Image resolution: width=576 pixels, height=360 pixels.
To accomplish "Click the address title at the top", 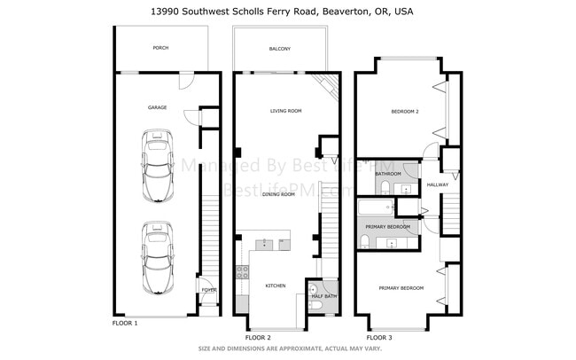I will pyautogui.click(x=288, y=12).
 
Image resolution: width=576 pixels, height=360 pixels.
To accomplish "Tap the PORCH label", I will pyautogui.click(x=160, y=48).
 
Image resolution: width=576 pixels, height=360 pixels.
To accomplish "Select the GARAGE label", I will pyautogui.click(x=158, y=107).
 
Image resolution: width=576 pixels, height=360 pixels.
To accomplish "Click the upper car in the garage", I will pyautogui.click(x=157, y=167).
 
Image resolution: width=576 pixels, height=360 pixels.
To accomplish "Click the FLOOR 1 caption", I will pyautogui.click(x=125, y=324).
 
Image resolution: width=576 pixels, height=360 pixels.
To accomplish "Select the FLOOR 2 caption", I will pyautogui.click(x=258, y=338).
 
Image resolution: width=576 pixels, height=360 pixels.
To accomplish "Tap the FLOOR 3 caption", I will pyautogui.click(x=380, y=338).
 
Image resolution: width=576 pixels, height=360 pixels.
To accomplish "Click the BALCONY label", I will pyautogui.click(x=280, y=49).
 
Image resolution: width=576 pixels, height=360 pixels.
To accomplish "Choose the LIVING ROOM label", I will pyautogui.click(x=286, y=111).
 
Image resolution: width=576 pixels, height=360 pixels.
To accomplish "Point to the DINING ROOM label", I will pyautogui.click(x=278, y=193).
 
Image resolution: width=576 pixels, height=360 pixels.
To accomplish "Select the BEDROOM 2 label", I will pyautogui.click(x=405, y=112).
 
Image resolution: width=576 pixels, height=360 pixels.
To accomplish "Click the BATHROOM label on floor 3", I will pyautogui.click(x=388, y=174).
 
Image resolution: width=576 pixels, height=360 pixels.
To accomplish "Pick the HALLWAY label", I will pyautogui.click(x=438, y=184).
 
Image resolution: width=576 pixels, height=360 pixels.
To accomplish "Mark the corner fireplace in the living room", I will pyautogui.click(x=330, y=88).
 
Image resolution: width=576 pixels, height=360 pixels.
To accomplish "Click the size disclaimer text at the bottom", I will pyautogui.click(x=288, y=349).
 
